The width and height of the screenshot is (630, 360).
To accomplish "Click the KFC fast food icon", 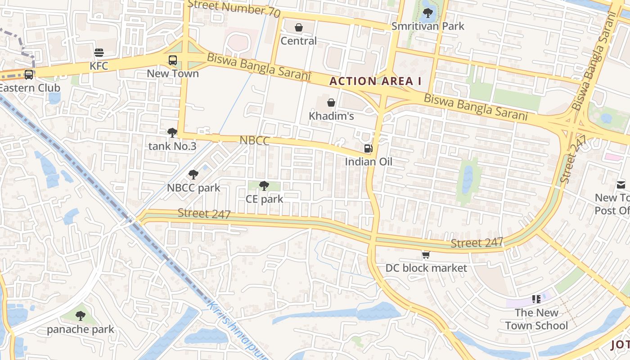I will pos(99,53).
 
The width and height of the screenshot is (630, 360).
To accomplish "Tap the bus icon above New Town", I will pos(173,60).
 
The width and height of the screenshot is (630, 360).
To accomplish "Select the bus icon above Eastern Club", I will pos(29,75).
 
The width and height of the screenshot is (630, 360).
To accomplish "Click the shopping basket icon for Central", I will pos(298,28).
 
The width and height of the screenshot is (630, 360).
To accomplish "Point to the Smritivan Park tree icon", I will pos(427,13).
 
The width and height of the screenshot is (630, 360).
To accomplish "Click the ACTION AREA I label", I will pos(375,81).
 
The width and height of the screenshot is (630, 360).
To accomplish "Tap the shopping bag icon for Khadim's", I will pos(331,103).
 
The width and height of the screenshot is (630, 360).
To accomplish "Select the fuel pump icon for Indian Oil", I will pos(368,148).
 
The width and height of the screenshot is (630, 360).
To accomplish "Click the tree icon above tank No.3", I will pos(172,133).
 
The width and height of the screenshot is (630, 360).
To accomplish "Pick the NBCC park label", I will pos(193,188).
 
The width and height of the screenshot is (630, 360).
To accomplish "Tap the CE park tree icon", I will pos(264,186).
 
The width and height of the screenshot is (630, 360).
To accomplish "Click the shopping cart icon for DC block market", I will pos(426,255).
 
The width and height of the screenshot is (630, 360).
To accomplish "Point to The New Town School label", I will pos(536,319).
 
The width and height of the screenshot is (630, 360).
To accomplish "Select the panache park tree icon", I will pos(81,316).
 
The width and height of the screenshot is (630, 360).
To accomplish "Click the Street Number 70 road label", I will pos(234,8).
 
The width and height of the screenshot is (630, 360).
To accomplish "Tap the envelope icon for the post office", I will pos(621,184).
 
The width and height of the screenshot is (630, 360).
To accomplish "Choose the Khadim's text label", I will pos(331,116).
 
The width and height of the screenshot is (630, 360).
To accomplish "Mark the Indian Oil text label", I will pos(368,162).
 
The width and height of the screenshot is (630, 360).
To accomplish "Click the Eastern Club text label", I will pos(30,88).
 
